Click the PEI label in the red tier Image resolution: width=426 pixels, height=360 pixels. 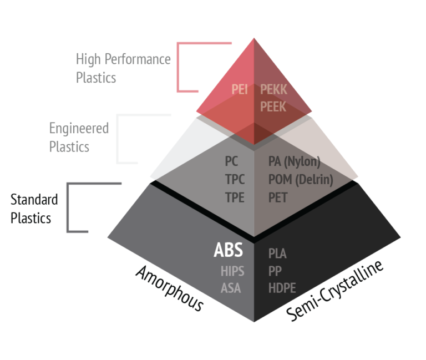(x=240, y=89)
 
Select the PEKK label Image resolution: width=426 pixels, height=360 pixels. (x=273, y=89)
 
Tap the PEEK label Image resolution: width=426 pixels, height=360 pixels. (x=273, y=107)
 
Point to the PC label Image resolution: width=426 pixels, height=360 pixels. (x=231, y=161)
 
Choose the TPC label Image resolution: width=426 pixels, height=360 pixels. (x=235, y=179)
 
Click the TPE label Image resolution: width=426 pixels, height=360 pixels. (x=235, y=197)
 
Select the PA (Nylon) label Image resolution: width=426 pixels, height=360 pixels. (x=294, y=161)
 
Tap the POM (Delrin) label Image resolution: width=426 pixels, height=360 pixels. (x=301, y=180)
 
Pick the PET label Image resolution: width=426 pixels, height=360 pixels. (x=278, y=197)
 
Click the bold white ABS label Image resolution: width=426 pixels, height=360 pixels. (x=228, y=250)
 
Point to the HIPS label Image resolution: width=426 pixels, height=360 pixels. (x=232, y=271)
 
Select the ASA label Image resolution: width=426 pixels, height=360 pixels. (x=231, y=288)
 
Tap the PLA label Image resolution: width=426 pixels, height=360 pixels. (x=277, y=253)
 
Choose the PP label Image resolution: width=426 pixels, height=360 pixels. (x=275, y=271)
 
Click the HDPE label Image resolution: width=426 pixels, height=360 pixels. (x=282, y=288)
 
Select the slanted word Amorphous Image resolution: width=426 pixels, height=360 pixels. (x=169, y=288)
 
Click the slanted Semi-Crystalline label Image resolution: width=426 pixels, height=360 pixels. (x=334, y=291)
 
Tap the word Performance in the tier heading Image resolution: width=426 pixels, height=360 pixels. (x=138, y=59)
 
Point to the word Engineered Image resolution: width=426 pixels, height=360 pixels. (x=79, y=128)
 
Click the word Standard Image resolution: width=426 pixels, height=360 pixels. (x=34, y=200)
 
